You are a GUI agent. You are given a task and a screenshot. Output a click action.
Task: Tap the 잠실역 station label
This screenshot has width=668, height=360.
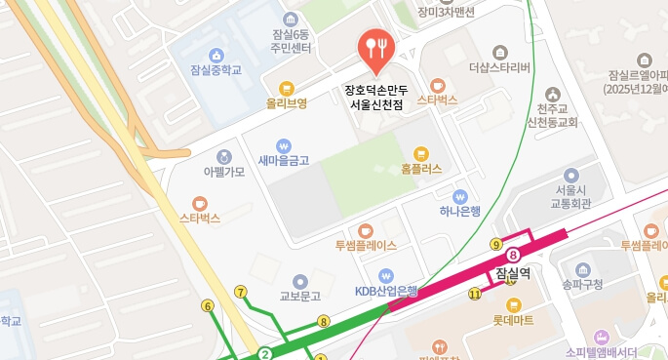tap(512, 274)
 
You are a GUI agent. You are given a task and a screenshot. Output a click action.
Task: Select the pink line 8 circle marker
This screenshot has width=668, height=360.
tap(513, 255)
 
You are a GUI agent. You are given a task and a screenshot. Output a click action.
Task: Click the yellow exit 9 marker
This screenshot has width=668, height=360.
tap(496, 244)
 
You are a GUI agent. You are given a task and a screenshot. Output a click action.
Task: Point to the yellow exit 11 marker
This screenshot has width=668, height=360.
tap(475, 294)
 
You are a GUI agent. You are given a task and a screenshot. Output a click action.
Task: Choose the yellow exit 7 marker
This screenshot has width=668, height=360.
tap(241, 292)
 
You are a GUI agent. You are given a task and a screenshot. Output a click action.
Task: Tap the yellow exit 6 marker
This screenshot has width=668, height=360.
tap(207, 306)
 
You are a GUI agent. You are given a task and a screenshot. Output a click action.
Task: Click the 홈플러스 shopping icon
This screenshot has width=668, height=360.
tap(421, 153)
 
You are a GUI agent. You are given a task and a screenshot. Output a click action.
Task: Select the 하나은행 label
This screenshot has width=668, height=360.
tap(460, 211)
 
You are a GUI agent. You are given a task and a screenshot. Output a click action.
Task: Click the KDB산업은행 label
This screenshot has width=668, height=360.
tap(386, 291)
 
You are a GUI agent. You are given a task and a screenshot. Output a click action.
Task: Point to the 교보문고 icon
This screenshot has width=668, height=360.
tap(300, 280)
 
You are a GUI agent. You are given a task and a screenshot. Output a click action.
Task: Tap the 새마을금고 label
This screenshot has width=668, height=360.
tap(284, 160)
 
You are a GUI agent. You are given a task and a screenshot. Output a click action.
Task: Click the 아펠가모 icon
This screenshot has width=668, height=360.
tap(224, 156)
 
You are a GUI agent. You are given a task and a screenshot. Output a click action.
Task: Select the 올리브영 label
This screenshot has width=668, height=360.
tap(287, 102)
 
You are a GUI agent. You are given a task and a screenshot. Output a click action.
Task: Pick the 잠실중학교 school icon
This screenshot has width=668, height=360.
tap(216, 55)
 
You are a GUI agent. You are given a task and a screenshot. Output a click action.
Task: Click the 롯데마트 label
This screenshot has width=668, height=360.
tap(513, 319)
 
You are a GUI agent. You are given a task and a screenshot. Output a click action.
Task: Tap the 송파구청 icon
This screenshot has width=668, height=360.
tap(583, 269)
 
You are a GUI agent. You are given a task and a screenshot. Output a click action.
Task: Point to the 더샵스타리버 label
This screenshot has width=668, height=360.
tap(499, 68)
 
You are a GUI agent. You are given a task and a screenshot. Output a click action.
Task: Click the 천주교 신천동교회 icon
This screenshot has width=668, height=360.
tap(553, 95)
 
